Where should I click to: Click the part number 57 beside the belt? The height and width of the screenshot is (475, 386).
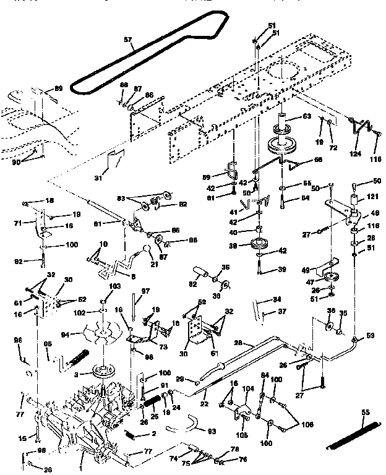[128, 40]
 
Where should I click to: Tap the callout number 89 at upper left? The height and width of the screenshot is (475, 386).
[59, 90]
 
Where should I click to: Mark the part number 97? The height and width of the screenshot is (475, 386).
[146, 291]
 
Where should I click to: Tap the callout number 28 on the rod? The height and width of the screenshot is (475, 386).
[238, 343]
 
